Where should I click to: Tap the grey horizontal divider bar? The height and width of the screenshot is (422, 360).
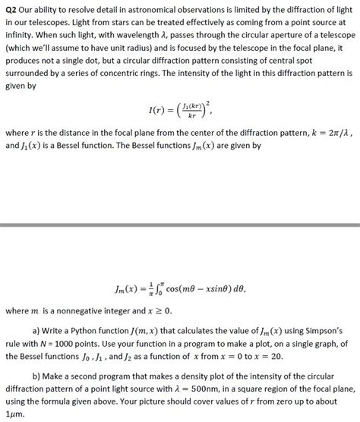click(x=180, y=225)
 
